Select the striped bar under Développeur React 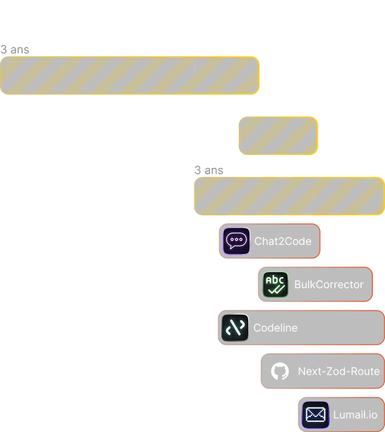[130, 76]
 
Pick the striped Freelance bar [278, 135]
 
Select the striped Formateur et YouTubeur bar [289, 196]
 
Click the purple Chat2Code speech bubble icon [236, 241]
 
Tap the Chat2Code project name [283, 241]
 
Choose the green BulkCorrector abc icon [275, 285]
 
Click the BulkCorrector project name [329, 285]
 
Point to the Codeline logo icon [235, 328]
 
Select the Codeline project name [276, 328]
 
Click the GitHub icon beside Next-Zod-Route [280, 371]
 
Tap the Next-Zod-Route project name [339, 371]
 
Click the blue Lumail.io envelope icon [316, 415]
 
